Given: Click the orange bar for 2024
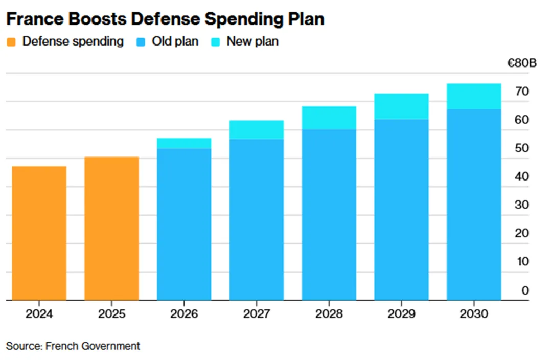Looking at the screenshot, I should (39, 233).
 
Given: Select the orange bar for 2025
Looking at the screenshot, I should (111, 228).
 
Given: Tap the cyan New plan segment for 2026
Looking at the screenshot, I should (184, 143).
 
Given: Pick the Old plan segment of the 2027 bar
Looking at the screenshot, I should (257, 219).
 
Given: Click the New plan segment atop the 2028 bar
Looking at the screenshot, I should (329, 118).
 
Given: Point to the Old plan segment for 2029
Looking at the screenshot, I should (401, 210).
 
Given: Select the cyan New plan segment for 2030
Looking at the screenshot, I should (474, 96).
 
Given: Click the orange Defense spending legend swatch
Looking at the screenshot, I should (12, 41).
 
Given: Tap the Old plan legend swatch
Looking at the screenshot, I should (142, 41).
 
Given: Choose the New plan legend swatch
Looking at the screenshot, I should (216, 41).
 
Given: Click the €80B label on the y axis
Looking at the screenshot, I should (521, 63).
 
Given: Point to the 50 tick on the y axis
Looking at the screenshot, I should (521, 148).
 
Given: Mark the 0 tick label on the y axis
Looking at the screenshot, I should (525, 290).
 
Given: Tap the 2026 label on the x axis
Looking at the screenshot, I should (184, 313).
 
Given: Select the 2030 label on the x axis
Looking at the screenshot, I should (474, 313).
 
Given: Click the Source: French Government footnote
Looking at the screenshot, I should (73, 346).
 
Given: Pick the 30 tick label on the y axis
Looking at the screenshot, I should (521, 205).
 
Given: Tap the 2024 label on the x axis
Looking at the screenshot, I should (39, 313).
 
